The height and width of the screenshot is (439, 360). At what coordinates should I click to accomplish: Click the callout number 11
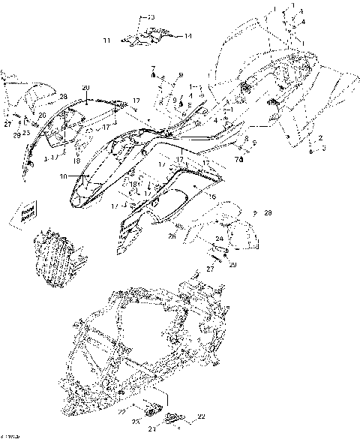106,39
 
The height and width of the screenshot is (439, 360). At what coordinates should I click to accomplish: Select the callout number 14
187,36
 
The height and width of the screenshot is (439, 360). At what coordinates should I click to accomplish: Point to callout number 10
64,177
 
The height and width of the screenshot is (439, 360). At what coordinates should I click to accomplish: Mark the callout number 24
219,239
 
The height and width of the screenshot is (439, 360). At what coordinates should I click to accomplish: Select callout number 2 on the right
321,138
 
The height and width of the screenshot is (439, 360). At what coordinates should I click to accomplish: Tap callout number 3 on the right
322,149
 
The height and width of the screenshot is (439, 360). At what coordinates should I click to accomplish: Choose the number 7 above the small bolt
152,68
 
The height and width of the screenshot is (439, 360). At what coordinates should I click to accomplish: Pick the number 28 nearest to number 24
268,213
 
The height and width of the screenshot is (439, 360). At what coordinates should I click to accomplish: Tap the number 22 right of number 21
201,416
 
